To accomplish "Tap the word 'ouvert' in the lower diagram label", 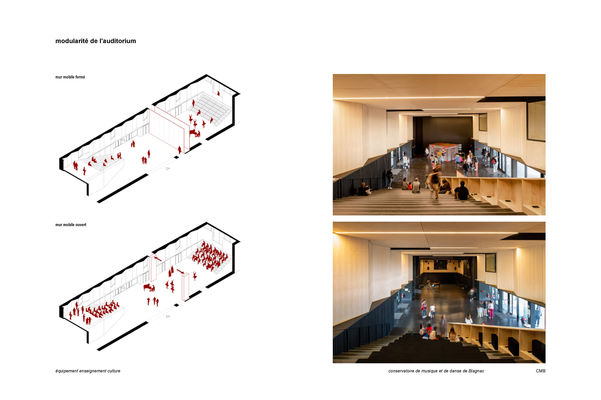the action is tap(81, 225).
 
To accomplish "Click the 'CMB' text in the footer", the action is tap(540, 371).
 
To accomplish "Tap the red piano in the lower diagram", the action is tap(149, 287).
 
